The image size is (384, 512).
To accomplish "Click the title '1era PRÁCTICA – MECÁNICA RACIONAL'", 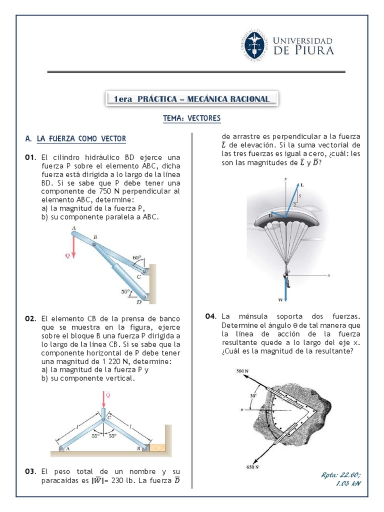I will [x=191, y=99].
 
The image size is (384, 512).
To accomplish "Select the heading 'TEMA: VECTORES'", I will [x=191, y=118].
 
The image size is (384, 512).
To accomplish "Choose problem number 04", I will [x=211, y=316].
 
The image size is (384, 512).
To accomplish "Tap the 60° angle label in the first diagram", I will [x=136, y=258].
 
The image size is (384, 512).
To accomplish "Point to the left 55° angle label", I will [x=95, y=435].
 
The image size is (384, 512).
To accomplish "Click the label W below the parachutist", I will [x=280, y=300].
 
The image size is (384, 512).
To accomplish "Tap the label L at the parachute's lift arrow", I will [x=302, y=185].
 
